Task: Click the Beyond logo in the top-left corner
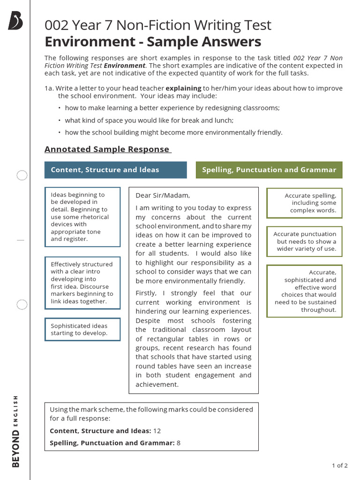coord(15,22)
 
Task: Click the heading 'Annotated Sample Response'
coord(107,149)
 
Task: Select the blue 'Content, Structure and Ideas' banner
coord(115,170)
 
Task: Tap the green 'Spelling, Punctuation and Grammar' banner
coord(269,170)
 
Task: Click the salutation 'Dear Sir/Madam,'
coord(163,195)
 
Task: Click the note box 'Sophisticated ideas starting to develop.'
coord(82,330)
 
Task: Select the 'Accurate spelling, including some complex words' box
coord(304,203)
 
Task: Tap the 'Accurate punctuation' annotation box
coord(304,241)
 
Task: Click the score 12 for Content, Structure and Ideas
coord(157,431)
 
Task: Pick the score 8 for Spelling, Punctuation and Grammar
coord(179,442)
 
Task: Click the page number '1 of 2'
coord(339,465)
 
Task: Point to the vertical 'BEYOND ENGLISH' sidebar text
coord(16,430)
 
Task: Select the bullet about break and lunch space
coord(149,120)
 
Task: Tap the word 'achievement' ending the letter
coord(157,384)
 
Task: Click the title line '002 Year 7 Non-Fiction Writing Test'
coord(158,25)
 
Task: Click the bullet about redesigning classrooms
coord(172,108)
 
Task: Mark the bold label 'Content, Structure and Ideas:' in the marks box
coord(100,431)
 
